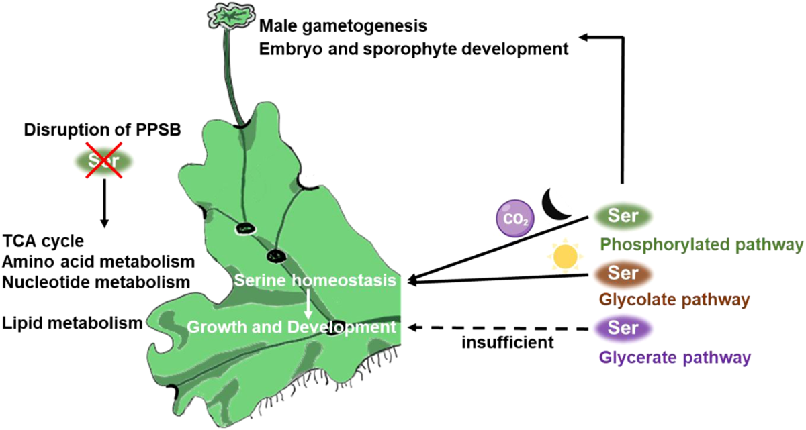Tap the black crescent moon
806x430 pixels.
pyautogui.click(x=557, y=203)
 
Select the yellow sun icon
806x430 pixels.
pyautogui.click(x=566, y=256)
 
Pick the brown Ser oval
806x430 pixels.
pyautogui.click(x=623, y=274)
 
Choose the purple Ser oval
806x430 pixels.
pyautogui.click(x=623, y=329)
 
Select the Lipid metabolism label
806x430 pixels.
pyautogui.click(x=72, y=323)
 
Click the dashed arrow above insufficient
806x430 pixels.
pyautogui.click(x=500, y=328)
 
